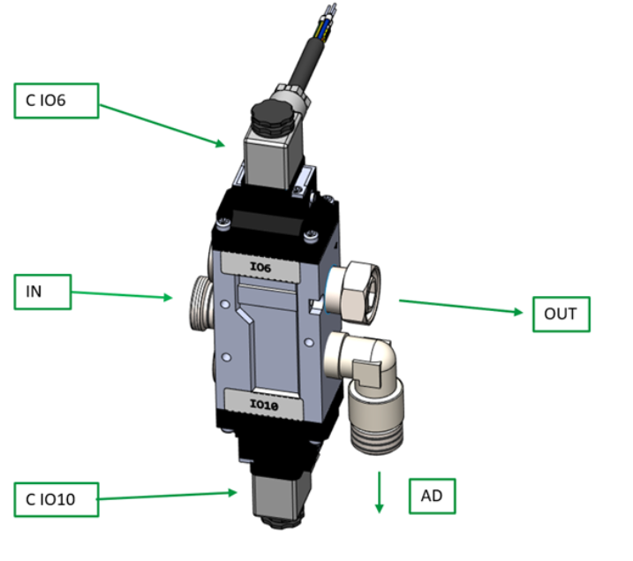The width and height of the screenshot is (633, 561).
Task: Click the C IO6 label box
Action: click(54, 101)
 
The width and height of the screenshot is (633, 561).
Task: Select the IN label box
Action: click(42, 292)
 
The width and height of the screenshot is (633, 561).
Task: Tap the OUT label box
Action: click(560, 314)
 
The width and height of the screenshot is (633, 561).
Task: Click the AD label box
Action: click(432, 497)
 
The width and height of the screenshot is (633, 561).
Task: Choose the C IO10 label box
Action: click(55, 501)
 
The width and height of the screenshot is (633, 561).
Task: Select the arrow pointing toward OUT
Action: click(460, 307)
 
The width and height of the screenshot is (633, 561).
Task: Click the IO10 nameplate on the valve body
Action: click(264, 405)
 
